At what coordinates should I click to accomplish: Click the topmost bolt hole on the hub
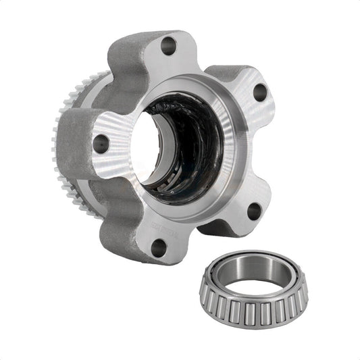click(x=169, y=46)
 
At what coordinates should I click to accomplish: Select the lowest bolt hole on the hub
click(x=157, y=247)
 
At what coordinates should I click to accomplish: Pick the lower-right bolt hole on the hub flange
click(x=254, y=211)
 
